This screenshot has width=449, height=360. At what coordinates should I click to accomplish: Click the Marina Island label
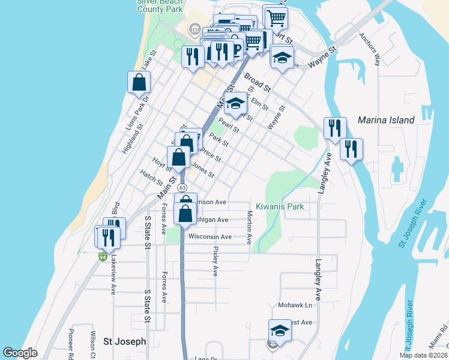pos(385,120)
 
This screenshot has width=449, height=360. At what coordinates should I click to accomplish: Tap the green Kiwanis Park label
pos(279,206)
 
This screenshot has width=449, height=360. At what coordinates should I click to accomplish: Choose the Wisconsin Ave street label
pos(209,237)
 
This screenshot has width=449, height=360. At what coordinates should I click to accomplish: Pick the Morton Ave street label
pos(249,227)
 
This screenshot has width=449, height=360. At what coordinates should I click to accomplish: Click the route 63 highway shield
pos(181,188)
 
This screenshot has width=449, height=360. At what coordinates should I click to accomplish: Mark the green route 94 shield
pos(103,257)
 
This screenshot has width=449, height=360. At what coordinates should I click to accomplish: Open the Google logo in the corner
pos(20,353)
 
